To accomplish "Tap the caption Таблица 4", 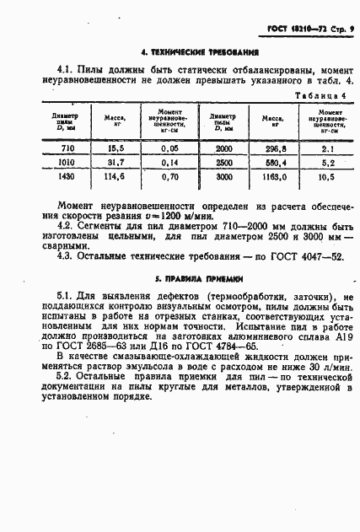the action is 320,95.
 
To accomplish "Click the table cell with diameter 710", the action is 67,148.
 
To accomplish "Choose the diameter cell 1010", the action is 67,163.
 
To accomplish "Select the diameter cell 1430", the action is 67,178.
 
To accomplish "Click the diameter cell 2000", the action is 223,148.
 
